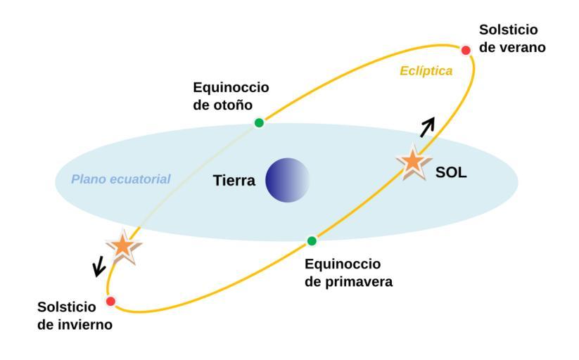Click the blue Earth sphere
[x=287, y=180]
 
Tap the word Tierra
[x=234, y=181]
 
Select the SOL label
[x=451, y=172]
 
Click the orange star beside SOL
[x=413, y=162]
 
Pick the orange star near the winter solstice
[x=123, y=247]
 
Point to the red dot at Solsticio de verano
[x=466, y=50]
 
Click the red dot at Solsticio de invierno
[x=110, y=302]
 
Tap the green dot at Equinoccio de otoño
[x=259, y=122]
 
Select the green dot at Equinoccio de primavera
[x=312, y=241]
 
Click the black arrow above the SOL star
[x=427, y=127]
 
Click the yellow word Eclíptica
[x=426, y=70]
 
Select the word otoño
[x=233, y=105]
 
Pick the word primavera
[x=359, y=282]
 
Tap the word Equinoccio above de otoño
[x=231, y=87]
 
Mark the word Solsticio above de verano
[x=509, y=30]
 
